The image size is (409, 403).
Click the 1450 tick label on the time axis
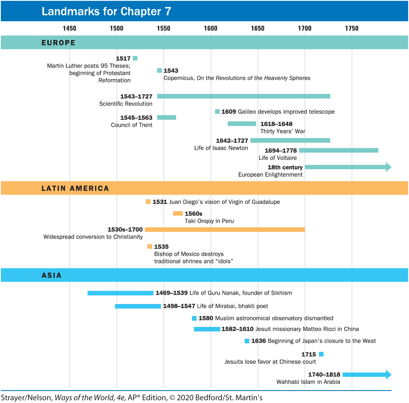coord(69,28)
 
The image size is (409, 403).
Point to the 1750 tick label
coord(351,28)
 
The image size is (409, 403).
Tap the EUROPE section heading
coord(58,43)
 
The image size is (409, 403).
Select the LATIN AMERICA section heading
coord(75,188)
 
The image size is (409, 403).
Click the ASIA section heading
coord(51,275)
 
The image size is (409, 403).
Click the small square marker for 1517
coord(135,58)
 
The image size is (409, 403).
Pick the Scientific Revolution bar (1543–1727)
coord(243,96)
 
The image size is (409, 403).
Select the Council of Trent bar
coord(167,117)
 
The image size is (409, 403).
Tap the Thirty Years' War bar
coord(242,124)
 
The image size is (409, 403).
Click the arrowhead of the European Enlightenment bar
coord(388,167)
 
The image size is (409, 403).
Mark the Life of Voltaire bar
coord(338,150)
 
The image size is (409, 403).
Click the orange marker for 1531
coord(148,202)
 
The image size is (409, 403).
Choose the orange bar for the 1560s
coord(178,213)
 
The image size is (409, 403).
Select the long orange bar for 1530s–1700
coord(225,230)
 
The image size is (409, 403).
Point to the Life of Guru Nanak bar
coord(120,293)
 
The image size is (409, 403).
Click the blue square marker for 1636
coord(247,341)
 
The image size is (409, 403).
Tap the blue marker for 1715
coord(321,354)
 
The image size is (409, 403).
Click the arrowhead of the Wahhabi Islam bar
coord(388,374)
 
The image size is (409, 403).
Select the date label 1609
coord(229,112)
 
